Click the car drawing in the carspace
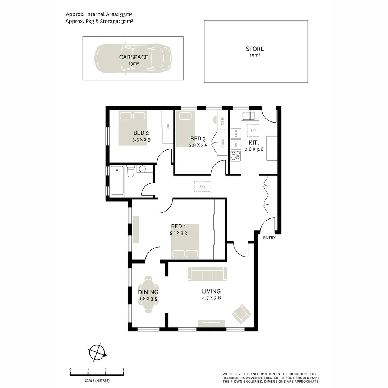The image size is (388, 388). (x=133, y=59)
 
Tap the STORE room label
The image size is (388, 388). (x=255, y=49)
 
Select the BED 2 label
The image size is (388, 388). (x=141, y=133)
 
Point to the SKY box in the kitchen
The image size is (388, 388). (x=253, y=130)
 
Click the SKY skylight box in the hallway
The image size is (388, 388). (x=202, y=186)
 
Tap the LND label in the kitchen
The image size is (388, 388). (x=236, y=133)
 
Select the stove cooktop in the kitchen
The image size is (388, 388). (x=236, y=156)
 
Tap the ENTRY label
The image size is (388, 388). (x=269, y=238)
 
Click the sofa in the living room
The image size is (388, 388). (x=208, y=274)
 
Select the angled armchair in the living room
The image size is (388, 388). (x=241, y=314)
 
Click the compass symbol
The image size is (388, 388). (x=97, y=352)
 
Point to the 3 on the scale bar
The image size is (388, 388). (x=123, y=369)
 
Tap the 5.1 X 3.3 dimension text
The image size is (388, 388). (x=179, y=233)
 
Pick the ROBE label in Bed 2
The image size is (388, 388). (x=167, y=128)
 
